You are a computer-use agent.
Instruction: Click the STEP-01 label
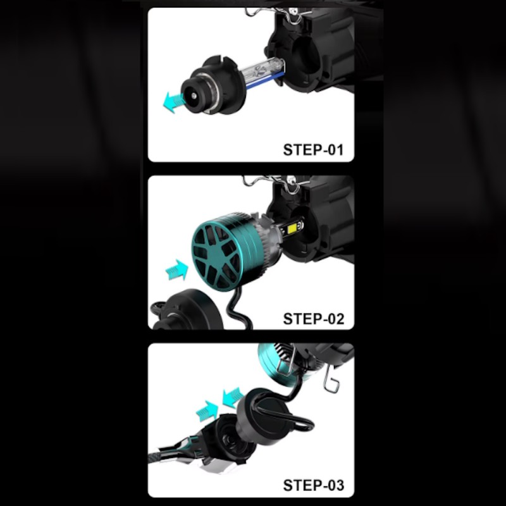313,150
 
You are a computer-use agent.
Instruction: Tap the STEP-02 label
313,319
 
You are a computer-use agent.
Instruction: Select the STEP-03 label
313,485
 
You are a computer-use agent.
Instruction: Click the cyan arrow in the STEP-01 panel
173,101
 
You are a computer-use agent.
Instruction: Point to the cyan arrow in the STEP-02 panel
177,270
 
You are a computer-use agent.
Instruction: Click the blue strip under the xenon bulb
265,81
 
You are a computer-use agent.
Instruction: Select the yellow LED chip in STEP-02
292,228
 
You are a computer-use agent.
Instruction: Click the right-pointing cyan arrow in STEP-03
207,410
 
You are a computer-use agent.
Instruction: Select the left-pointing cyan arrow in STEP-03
233,397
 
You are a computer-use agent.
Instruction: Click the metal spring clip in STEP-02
278,182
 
